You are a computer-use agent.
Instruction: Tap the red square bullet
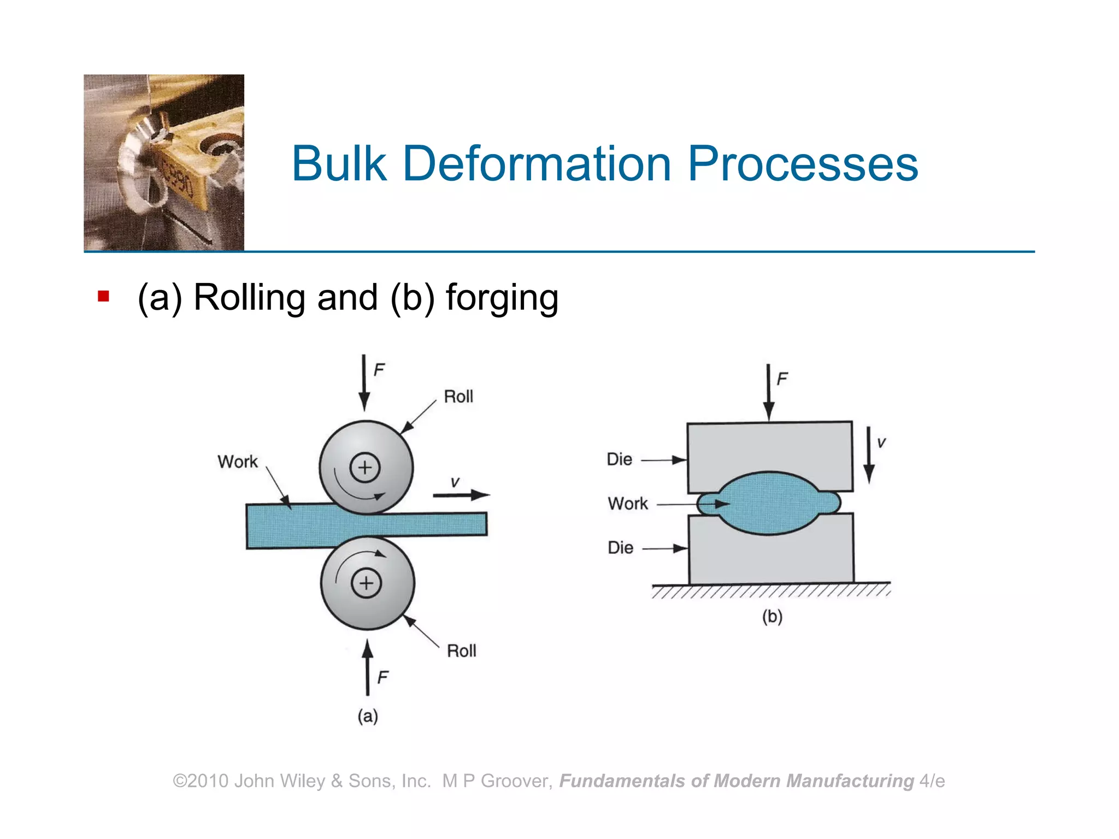coord(103,297)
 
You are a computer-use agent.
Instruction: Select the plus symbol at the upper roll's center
coord(365,468)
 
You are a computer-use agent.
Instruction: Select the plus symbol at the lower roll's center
coord(366,583)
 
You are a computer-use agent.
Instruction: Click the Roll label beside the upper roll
coord(458,397)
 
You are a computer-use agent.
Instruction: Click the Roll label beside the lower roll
coord(461,651)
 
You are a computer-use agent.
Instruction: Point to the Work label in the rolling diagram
coord(237,462)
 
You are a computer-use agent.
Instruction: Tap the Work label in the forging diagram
coord(628,503)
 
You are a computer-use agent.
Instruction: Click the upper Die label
coord(620,459)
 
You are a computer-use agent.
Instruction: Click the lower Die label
coord(621,547)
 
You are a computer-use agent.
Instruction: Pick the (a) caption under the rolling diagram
coord(368,716)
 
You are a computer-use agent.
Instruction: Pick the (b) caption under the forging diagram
coord(772,617)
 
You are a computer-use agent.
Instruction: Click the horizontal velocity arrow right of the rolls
coord(461,495)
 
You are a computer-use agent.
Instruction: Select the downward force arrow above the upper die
coord(769,392)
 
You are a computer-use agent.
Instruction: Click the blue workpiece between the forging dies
coord(769,503)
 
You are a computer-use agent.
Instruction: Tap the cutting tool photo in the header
coord(164,163)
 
